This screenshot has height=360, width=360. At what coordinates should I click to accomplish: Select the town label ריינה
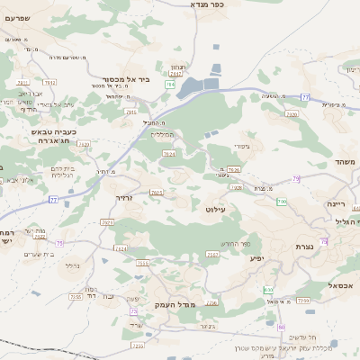[x=337, y=203]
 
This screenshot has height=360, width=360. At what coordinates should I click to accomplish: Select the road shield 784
[x=170, y=84]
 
